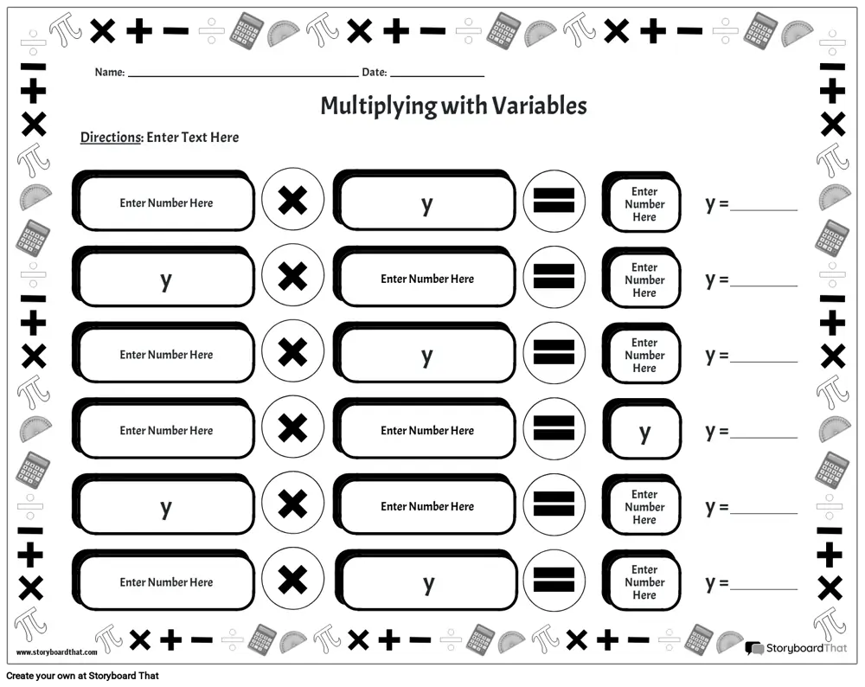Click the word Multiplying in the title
tap(380, 106)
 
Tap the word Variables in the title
tap(539, 106)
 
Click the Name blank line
tap(243, 75)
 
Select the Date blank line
tap(437, 75)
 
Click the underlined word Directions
tap(111, 138)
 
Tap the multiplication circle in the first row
tap(293, 200)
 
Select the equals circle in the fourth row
tap(554, 427)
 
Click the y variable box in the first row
tap(425, 201)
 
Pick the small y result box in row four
tap(642, 429)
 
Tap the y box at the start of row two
tap(163, 277)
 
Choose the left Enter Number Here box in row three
tap(163, 353)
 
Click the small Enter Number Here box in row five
tap(642, 505)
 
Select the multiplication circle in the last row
tap(293, 580)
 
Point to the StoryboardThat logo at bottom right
tap(796, 648)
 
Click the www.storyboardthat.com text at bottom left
tap(57, 652)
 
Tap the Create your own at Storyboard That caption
tap(83, 676)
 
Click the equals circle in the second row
tap(554, 276)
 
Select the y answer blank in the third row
tap(764, 362)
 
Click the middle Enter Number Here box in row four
tap(425, 429)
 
